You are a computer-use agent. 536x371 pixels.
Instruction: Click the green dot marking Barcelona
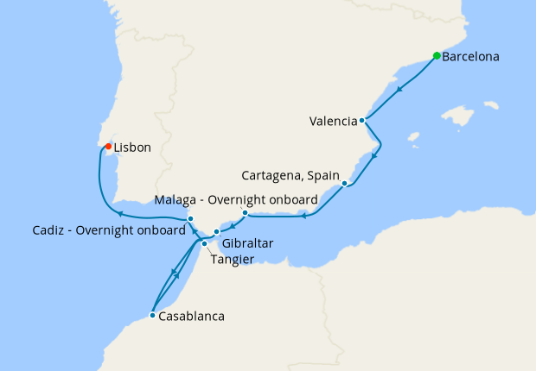pyautogui.click(x=437, y=57)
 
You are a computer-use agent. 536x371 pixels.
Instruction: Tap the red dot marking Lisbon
pyautogui.click(x=107, y=147)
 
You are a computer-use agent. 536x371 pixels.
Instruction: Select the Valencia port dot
pyautogui.click(x=362, y=121)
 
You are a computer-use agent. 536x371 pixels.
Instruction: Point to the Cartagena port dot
pyautogui.click(x=344, y=183)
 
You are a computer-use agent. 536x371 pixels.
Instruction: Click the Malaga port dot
pyautogui.click(x=245, y=212)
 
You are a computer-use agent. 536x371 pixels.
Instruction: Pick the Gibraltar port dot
pyautogui.click(x=217, y=232)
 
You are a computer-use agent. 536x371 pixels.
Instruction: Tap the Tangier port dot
pyautogui.click(x=204, y=243)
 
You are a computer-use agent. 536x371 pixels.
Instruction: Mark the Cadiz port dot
pyautogui.click(x=190, y=218)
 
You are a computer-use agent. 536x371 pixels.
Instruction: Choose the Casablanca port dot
pyautogui.click(x=152, y=316)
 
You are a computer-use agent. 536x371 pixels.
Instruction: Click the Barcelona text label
pyautogui.click(x=470, y=58)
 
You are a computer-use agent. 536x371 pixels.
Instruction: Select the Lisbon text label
pyautogui.click(x=132, y=148)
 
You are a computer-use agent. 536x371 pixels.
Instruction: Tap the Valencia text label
pyautogui.click(x=333, y=122)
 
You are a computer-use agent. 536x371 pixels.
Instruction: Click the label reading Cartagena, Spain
pyautogui.click(x=290, y=175)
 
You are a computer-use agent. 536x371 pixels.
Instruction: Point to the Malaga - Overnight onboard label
pyautogui.click(x=235, y=200)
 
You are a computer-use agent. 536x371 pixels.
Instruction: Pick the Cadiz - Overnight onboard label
pyautogui.click(x=109, y=230)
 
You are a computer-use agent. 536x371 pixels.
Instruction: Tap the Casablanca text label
pyautogui.click(x=191, y=317)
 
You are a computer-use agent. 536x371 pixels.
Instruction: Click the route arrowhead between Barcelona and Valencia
pyautogui.click(x=399, y=89)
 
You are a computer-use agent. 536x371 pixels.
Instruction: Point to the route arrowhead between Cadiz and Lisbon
pyautogui.click(x=121, y=214)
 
